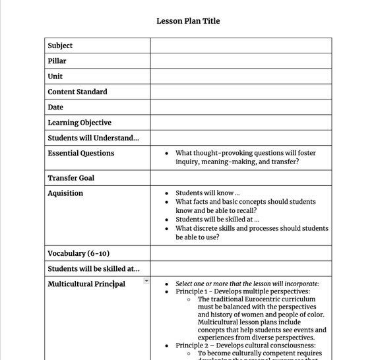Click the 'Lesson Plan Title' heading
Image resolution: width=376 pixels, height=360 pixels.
pyautogui.click(x=188, y=21)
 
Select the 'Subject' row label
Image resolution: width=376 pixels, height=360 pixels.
pyautogui.click(x=60, y=45)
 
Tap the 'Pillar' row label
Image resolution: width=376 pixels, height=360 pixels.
pyautogui.click(x=57, y=61)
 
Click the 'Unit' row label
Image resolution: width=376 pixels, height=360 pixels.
pyautogui.click(x=55, y=76)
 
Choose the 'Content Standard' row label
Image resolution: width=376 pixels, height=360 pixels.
pyautogui.click(x=77, y=92)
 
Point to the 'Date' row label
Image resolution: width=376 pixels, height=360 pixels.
pyautogui.click(x=55, y=107)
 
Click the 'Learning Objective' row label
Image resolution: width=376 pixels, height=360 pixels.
pyautogui.click(x=79, y=123)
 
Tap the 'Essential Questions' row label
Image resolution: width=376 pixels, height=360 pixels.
pyautogui.click(x=80, y=153)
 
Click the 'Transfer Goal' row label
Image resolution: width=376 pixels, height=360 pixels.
pyautogui.click(x=71, y=178)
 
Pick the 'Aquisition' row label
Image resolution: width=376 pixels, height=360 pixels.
pyautogui.click(x=65, y=193)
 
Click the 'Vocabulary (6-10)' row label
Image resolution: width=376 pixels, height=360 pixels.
pyautogui.click(x=78, y=253)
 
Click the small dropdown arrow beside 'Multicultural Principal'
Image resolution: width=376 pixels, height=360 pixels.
pyautogui.click(x=146, y=282)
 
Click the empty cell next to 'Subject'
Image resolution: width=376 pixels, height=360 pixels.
pyautogui.click(x=241, y=45)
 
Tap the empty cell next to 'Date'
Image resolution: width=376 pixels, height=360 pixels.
pyautogui.click(x=241, y=107)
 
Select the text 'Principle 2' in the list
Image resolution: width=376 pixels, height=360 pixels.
pyautogui.click(x=193, y=345)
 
